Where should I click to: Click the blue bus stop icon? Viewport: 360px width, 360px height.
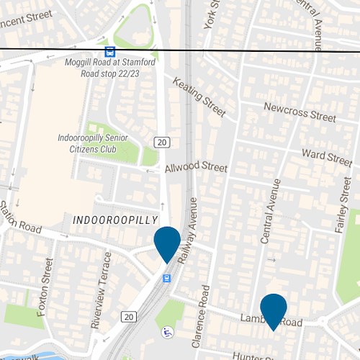109,52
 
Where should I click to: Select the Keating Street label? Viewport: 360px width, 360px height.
199,96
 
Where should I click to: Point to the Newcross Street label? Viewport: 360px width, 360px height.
300,112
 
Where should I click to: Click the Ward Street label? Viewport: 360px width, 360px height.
326,156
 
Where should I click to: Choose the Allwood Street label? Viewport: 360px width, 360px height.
195,167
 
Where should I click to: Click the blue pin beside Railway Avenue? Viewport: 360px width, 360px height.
167,244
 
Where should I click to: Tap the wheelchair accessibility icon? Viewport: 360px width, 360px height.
167,332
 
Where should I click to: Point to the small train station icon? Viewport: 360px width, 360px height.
167,278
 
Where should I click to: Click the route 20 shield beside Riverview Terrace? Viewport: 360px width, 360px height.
129,316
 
